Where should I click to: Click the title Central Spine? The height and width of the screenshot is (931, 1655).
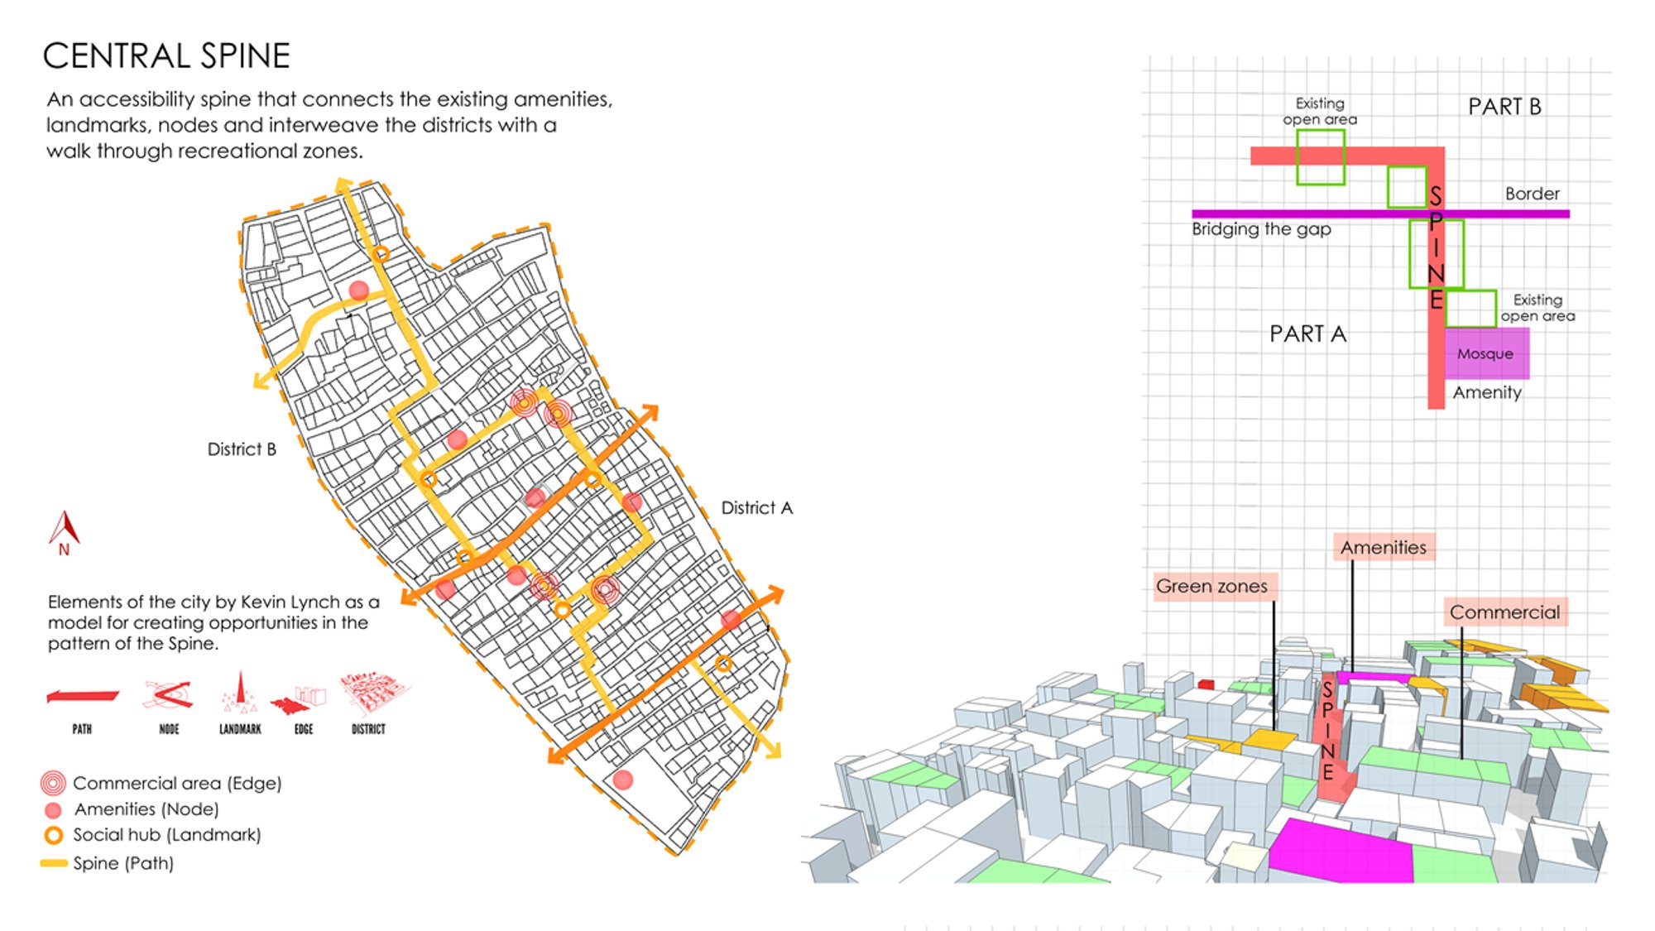pos(166,55)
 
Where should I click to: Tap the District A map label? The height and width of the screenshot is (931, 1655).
pos(756,507)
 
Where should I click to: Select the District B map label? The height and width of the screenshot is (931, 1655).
pos(242,449)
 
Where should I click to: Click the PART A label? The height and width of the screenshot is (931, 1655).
pos(1307,334)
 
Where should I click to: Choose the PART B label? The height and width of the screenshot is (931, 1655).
pos(1504,107)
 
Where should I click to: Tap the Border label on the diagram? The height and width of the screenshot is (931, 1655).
pos(1532,194)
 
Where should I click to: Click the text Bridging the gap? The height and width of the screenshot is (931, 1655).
pos(1261,229)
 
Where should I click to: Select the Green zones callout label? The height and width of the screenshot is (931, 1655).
pos(1211,586)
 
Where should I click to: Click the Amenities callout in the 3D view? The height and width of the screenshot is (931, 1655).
pos(1383,547)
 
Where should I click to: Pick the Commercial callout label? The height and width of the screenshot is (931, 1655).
pos(1504,612)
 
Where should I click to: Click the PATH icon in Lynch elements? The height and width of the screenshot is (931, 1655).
pos(82,697)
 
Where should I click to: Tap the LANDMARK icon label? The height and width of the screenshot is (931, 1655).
pos(240,729)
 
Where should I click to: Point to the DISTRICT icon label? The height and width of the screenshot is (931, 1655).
pos(368,729)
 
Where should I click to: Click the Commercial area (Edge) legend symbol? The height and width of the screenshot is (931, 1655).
pos(53,783)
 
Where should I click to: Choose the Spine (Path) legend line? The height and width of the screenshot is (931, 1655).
pos(54,863)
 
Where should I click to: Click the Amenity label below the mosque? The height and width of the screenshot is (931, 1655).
pos(1487,393)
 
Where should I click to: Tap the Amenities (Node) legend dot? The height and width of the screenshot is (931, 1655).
pos(54,810)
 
